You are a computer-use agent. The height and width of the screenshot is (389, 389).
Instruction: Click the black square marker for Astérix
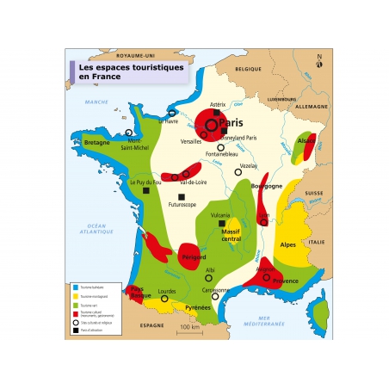tap(217, 113)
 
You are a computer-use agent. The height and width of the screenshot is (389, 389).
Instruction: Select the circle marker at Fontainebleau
tap(220, 147)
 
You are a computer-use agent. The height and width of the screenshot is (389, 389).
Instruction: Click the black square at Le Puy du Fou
tap(145, 190)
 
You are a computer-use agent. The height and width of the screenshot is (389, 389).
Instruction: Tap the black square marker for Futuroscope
tap(180, 197)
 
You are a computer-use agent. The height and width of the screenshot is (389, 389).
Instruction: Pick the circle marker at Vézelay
tap(238, 172)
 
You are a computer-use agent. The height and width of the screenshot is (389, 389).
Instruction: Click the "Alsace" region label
tap(306, 139)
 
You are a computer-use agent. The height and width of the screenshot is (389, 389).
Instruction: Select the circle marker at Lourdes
tap(164, 299)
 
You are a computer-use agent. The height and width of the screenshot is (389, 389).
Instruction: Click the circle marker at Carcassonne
tap(216, 298)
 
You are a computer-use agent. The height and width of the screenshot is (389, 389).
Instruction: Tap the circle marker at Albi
tap(208, 278)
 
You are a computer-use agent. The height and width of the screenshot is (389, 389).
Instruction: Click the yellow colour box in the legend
tap(76, 296)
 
